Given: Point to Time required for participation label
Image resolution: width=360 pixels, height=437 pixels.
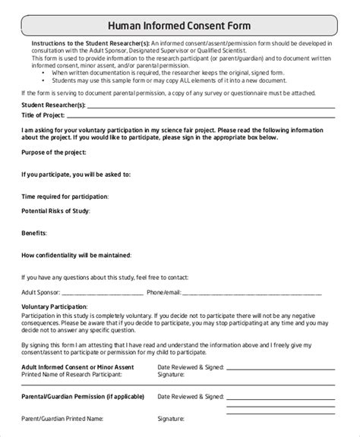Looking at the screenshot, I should pyautogui.click(x=65, y=196).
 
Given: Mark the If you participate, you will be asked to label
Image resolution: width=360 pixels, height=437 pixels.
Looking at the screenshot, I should pyautogui.click(x=76, y=175).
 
